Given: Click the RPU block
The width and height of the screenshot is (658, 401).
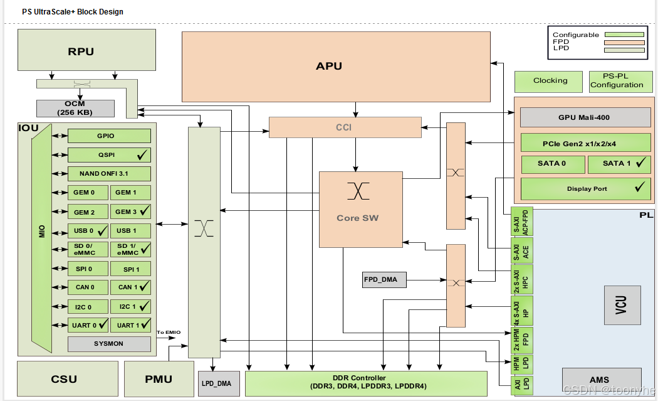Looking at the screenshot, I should coord(81,51).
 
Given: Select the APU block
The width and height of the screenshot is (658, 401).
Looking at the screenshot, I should coord(329,66).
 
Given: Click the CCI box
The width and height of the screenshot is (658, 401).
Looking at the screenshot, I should coord(344,127).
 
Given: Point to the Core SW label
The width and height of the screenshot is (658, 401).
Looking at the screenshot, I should coord(357,218).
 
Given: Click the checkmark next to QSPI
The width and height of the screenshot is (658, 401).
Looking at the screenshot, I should coord(142,154).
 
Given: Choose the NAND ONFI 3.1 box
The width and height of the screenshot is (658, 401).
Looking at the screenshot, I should coord(109,173).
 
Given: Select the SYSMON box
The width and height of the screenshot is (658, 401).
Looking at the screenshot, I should coord(109,344).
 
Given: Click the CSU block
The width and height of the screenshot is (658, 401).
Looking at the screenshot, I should coord(64,378).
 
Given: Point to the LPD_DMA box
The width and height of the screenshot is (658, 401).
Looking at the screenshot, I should coord(216,383).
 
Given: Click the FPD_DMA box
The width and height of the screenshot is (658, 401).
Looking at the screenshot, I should coord(384,279).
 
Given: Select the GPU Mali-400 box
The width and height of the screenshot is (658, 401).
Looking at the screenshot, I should coord(583,117).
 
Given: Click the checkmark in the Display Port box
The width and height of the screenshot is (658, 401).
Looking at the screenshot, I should coord(639,187).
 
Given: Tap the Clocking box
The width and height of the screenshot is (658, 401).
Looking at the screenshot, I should coord(550,81).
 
